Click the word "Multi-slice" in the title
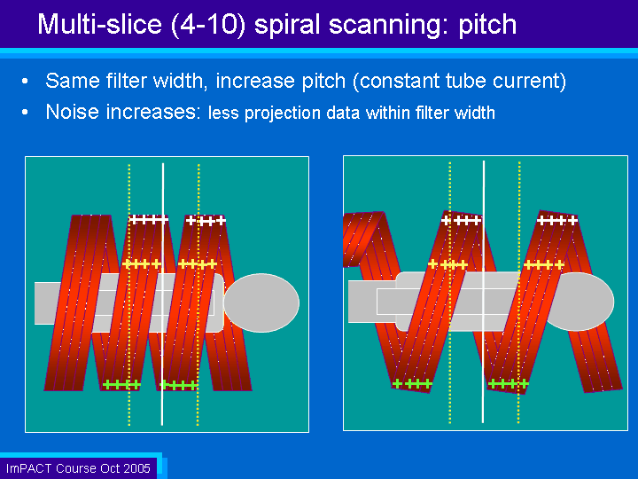pos(99,24)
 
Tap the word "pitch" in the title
pos(487,25)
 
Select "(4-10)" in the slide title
pos(208,25)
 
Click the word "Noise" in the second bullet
pos(72,111)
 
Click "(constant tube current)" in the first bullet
pos(459,81)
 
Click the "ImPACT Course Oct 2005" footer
pos(78,468)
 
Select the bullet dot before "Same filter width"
pos(25,81)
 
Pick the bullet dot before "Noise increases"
pos(25,112)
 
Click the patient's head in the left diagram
pos(261,302)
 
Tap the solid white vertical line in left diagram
pos(163,294)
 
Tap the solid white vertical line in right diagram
pos(484,292)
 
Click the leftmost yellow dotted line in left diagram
pos(129,294)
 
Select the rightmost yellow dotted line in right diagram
pos(518,293)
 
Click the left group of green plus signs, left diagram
pos(121,384)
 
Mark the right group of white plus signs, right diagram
pos(557,220)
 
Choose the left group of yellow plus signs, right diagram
pos(447,264)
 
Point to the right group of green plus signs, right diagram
pos(509,384)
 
